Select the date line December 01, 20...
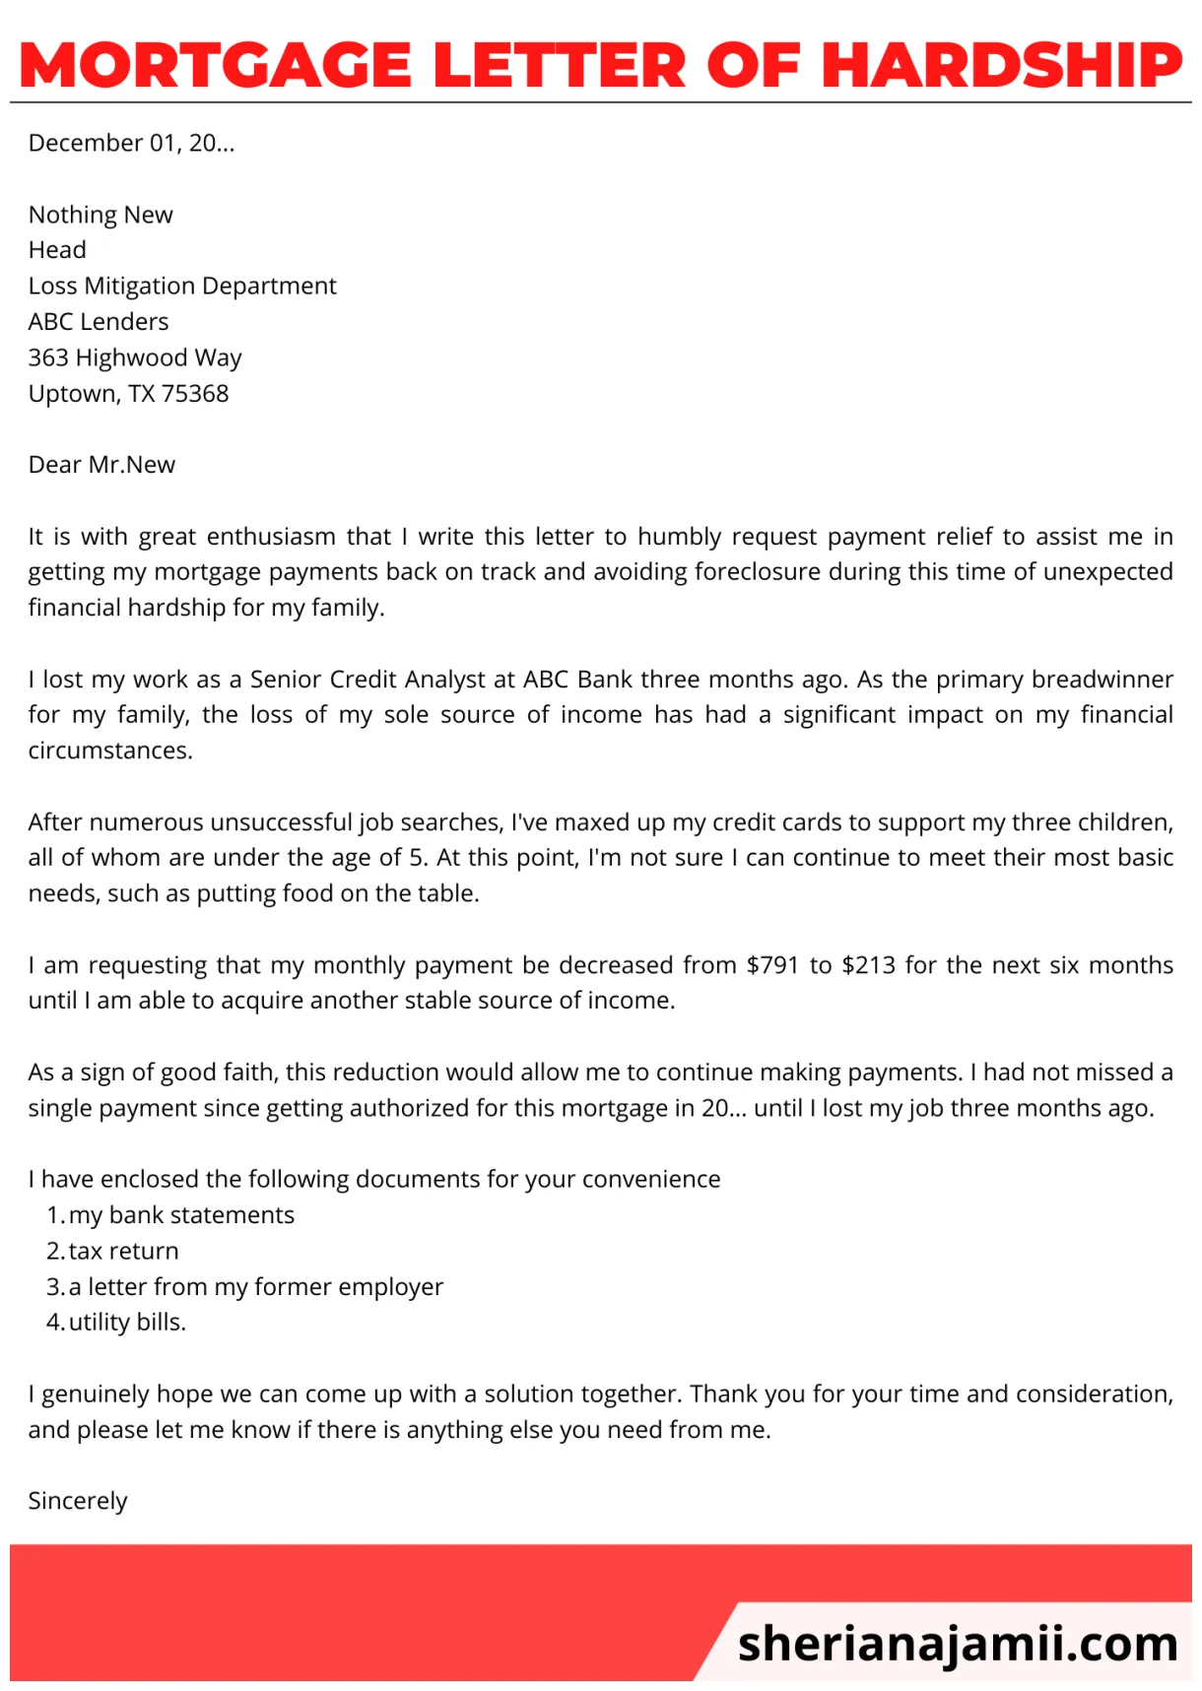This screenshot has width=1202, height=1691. click(131, 144)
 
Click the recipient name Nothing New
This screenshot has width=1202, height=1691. click(100, 215)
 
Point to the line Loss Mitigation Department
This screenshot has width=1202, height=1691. click(182, 287)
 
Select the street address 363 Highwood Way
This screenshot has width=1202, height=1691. click(135, 358)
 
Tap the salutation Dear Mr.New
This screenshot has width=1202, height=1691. click(101, 465)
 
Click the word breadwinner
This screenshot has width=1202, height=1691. click(1102, 680)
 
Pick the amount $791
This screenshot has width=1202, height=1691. click(772, 965)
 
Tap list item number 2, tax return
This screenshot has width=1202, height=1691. click(123, 1252)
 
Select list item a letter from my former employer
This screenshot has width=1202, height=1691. click(256, 1287)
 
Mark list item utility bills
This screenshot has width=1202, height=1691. click(127, 1323)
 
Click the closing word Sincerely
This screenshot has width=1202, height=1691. click(78, 1502)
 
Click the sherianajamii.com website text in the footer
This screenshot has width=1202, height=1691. click(957, 1643)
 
